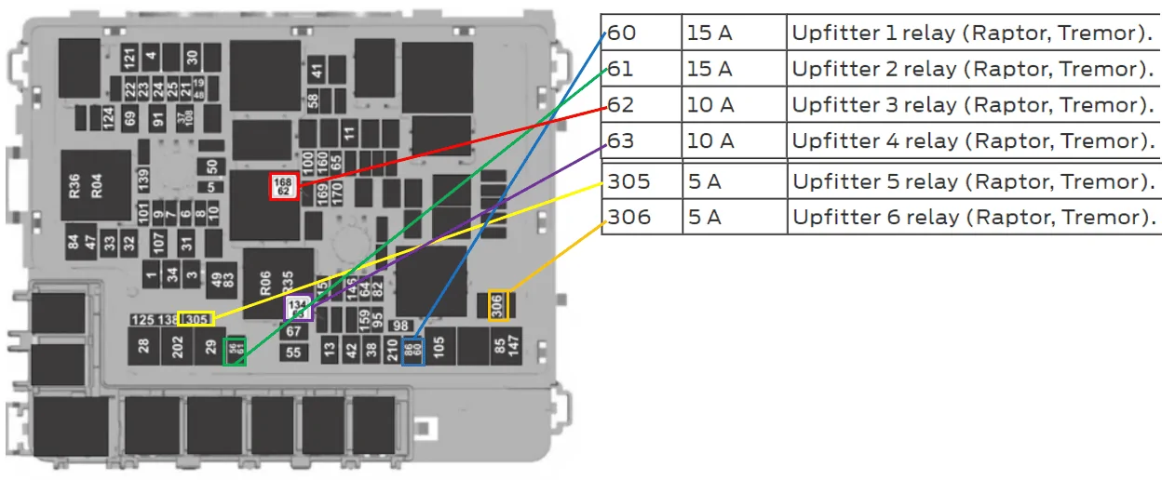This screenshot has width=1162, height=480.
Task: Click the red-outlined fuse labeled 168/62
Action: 283,186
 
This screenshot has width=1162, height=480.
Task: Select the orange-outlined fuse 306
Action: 498,305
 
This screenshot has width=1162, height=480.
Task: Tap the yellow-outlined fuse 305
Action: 196,319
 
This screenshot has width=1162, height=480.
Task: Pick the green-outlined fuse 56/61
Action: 235,350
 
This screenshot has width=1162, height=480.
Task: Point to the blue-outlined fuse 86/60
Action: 413,351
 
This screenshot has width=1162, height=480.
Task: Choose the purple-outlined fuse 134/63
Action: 298,308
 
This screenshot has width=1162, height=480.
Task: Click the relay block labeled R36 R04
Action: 95,185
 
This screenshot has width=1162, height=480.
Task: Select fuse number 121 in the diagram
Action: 129,56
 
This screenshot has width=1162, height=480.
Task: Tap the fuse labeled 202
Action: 177,346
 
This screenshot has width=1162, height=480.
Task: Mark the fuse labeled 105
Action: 440,346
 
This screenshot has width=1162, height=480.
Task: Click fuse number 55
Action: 294,353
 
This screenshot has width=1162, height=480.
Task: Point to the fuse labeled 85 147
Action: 507,346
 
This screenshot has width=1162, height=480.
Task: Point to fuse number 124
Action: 108,118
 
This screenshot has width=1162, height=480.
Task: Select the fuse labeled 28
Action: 143,346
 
